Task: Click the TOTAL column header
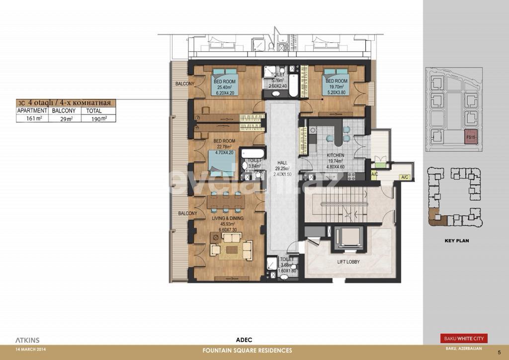point(94,110)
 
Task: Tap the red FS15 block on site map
point(470,137)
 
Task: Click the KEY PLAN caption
point(456,241)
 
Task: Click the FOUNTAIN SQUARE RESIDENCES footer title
point(247,351)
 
